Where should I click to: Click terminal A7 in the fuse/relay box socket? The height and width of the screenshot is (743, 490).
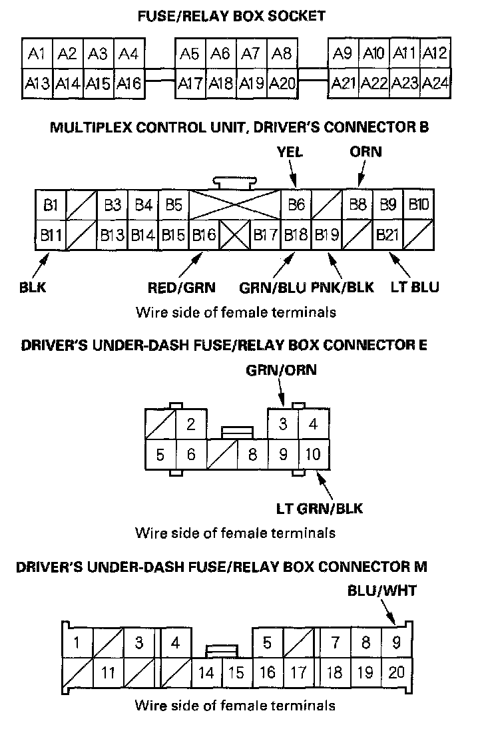251,53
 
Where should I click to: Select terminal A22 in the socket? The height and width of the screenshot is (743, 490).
375,83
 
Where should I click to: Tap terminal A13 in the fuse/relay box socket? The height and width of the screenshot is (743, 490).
37,83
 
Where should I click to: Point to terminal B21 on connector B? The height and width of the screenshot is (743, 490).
387,235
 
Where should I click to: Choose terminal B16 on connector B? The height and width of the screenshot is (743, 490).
204,235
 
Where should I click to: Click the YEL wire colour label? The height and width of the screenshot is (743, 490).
290,152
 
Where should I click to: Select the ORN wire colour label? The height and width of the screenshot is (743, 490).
366,152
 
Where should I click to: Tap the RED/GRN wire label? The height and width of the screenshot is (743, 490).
182,288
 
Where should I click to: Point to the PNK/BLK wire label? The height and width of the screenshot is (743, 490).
342,288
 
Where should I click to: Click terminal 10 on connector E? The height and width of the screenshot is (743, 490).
313,455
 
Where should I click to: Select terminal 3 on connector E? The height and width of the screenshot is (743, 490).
283,424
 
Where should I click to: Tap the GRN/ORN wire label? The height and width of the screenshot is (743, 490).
281,370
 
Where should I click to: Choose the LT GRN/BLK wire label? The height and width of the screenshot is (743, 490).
320,509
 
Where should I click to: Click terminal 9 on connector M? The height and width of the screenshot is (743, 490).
396,643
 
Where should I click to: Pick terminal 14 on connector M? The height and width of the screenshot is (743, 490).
206,673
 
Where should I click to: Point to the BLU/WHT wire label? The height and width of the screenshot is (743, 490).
382,591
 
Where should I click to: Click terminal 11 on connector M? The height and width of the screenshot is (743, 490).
108,673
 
